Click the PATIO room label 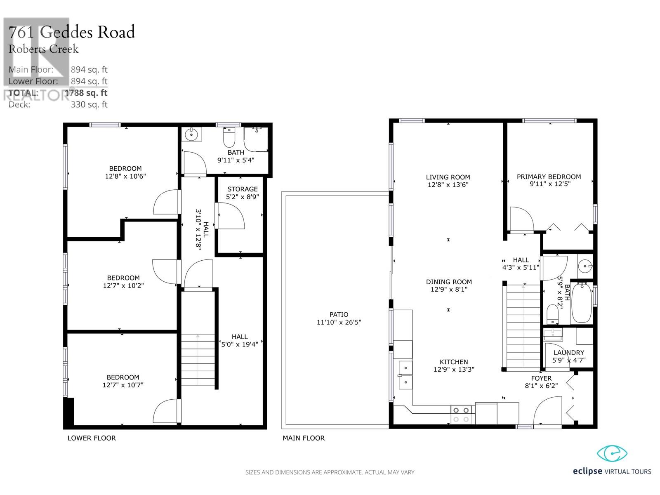pos(339,315)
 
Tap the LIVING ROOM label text pos(448,177)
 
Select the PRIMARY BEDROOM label pos(549,177)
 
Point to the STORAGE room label pos(243,189)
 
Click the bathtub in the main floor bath pos(581,303)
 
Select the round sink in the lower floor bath pos(191,134)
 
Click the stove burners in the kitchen pos(461,415)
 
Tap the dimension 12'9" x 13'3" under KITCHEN pos(454,369)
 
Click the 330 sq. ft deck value pos(89,105)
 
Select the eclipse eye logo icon pos(612,453)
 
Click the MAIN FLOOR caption pos(303,438)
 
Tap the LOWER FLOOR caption pos(92,438)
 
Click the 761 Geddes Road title pos(72,32)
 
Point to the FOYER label pos(541,378)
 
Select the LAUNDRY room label pos(569,353)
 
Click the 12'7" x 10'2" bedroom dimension pos(123,285)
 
